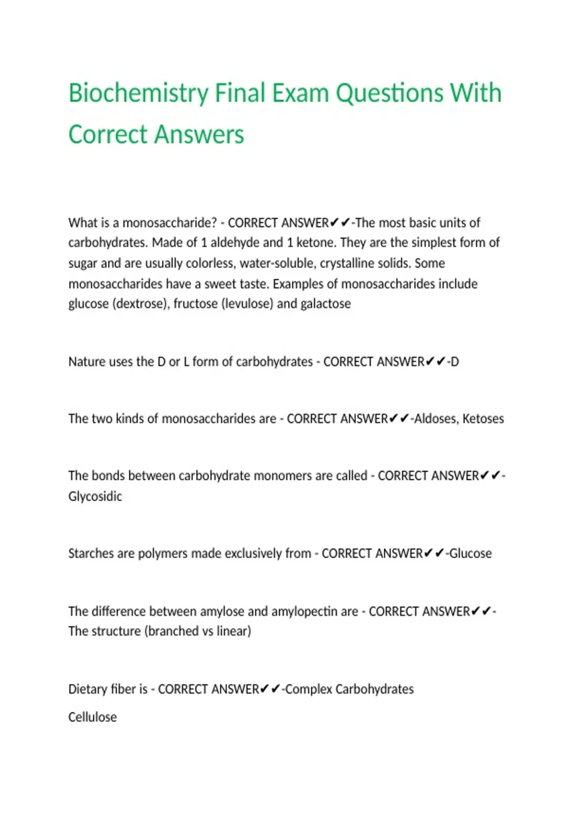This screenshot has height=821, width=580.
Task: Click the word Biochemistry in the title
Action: pyautogui.click(x=138, y=93)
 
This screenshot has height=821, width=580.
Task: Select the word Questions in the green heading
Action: pyautogui.click(x=389, y=93)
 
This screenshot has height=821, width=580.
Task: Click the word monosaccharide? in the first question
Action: pyautogui.click(x=170, y=223)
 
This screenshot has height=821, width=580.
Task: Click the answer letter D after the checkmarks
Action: pyautogui.click(x=454, y=362)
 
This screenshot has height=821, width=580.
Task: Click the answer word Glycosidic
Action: pyautogui.click(x=95, y=496)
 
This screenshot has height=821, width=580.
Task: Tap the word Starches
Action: pyautogui.click(x=91, y=553)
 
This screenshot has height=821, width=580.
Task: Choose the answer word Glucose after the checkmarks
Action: pyautogui.click(x=470, y=553)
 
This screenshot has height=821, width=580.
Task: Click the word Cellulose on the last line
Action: pyautogui.click(x=92, y=717)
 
